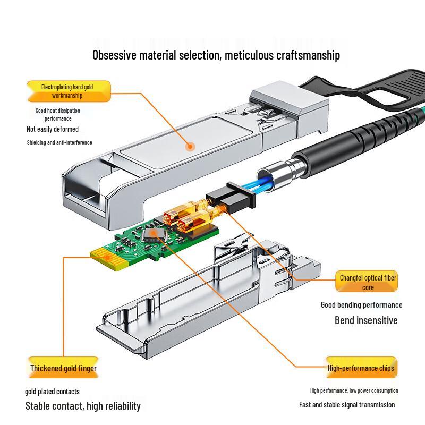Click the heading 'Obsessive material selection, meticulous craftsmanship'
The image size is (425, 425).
click(216, 55)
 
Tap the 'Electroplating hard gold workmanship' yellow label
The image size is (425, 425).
click(67, 91)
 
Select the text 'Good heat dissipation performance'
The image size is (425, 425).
click(58, 114)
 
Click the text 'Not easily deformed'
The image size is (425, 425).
click(53, 129)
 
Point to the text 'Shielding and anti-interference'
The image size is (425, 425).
click(59, 142)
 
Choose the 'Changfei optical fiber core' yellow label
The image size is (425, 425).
click(368, 282)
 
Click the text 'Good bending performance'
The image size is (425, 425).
click(361, 305)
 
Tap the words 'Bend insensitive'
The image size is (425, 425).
click(366, 320)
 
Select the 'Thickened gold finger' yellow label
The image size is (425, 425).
click(63, 368)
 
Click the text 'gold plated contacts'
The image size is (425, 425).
click(52, 392)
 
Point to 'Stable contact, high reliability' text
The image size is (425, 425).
click(83, 406)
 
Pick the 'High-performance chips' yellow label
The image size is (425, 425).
click(361, 368)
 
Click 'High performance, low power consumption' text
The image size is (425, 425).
click(354, 391)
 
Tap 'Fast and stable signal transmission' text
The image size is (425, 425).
click(347, 405)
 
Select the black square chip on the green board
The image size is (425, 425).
click(155, 235)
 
